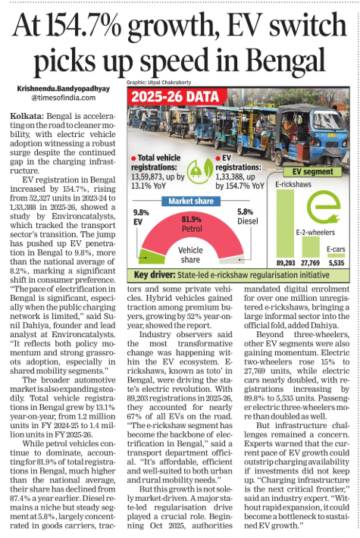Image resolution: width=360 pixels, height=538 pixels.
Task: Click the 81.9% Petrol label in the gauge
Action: coord(190,222)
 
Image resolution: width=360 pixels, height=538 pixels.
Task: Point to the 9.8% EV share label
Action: coord(140,217)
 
